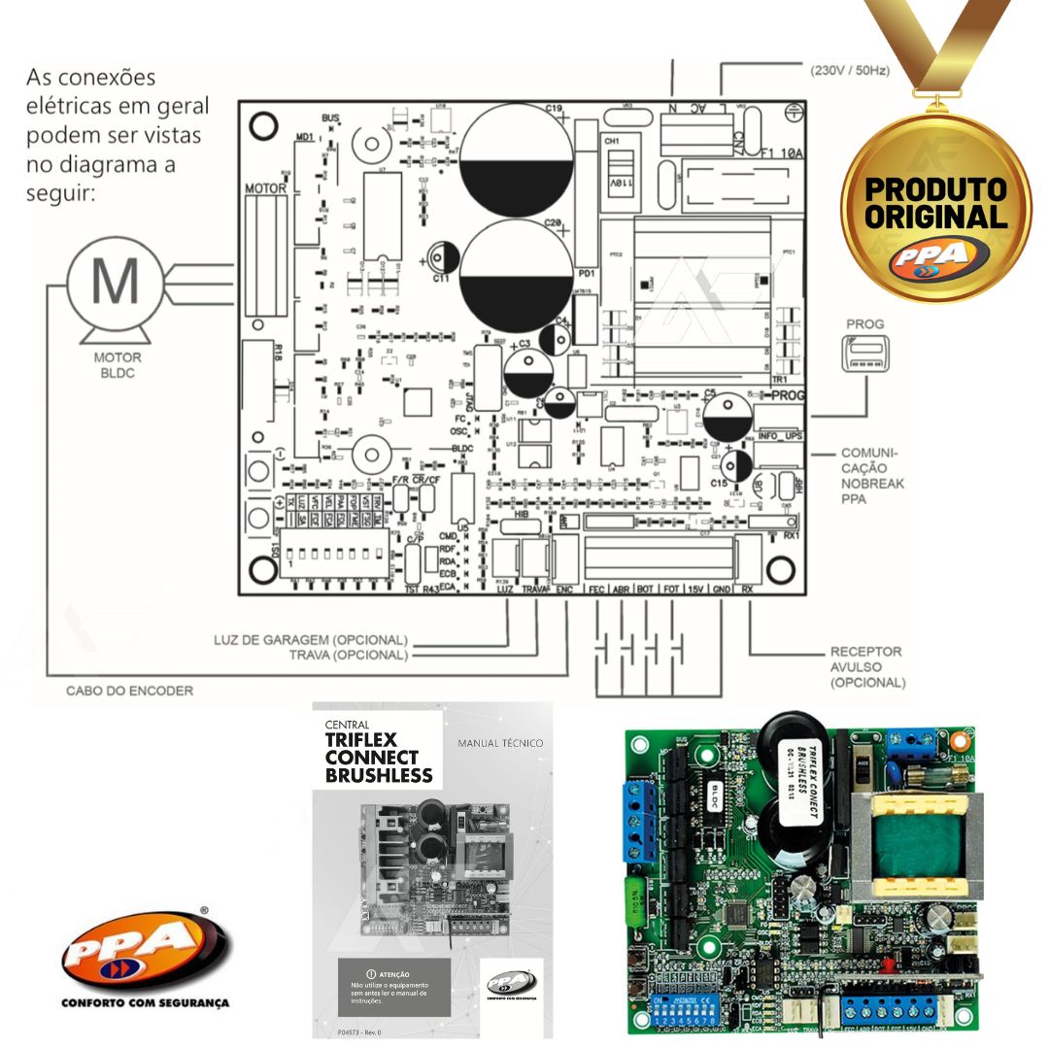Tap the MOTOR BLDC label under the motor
(118, 365)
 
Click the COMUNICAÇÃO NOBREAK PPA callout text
(868, 476)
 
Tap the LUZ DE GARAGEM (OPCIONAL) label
(311, 640)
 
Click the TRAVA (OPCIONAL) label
(348, 655)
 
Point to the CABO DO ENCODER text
(129, 691)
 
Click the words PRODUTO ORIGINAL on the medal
(936, 202)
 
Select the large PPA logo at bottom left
(146, 947)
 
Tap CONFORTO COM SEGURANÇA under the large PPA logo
(146, 1002)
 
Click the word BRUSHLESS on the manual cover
(379, 775)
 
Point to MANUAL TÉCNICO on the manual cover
(500, 743)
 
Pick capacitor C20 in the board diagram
(516, 276)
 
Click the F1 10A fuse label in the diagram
(783, 152)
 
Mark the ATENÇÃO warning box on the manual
(393, 985)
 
